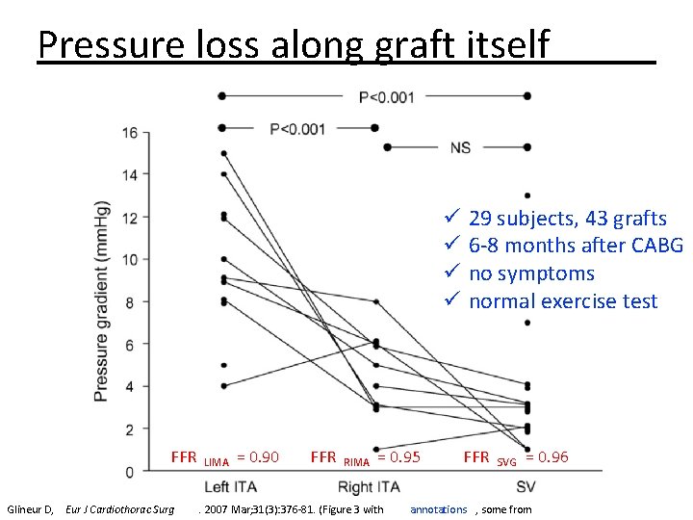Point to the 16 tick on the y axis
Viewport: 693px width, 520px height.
(129, 133)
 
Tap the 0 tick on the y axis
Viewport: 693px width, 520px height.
(130, 471)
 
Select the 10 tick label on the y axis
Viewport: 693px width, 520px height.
(129, 260)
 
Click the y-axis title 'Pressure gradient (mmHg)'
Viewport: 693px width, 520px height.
(102, 300)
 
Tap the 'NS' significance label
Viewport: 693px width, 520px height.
(461, 147)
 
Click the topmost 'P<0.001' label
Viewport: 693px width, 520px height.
(387, 96)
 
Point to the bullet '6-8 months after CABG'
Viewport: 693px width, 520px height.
(575, 246)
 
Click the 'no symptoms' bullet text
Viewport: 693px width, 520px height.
(531, 273)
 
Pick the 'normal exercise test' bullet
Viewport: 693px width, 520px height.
(562, 301)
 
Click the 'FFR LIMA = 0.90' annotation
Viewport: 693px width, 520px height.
(224, 457)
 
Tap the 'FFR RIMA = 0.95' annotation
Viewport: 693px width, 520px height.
(365, 457)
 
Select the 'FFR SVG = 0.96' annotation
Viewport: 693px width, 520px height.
(516, 457)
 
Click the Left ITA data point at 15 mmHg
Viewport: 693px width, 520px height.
(223, 153)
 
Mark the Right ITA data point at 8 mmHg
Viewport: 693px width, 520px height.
(375, 301)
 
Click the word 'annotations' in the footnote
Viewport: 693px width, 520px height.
(438, 509)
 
